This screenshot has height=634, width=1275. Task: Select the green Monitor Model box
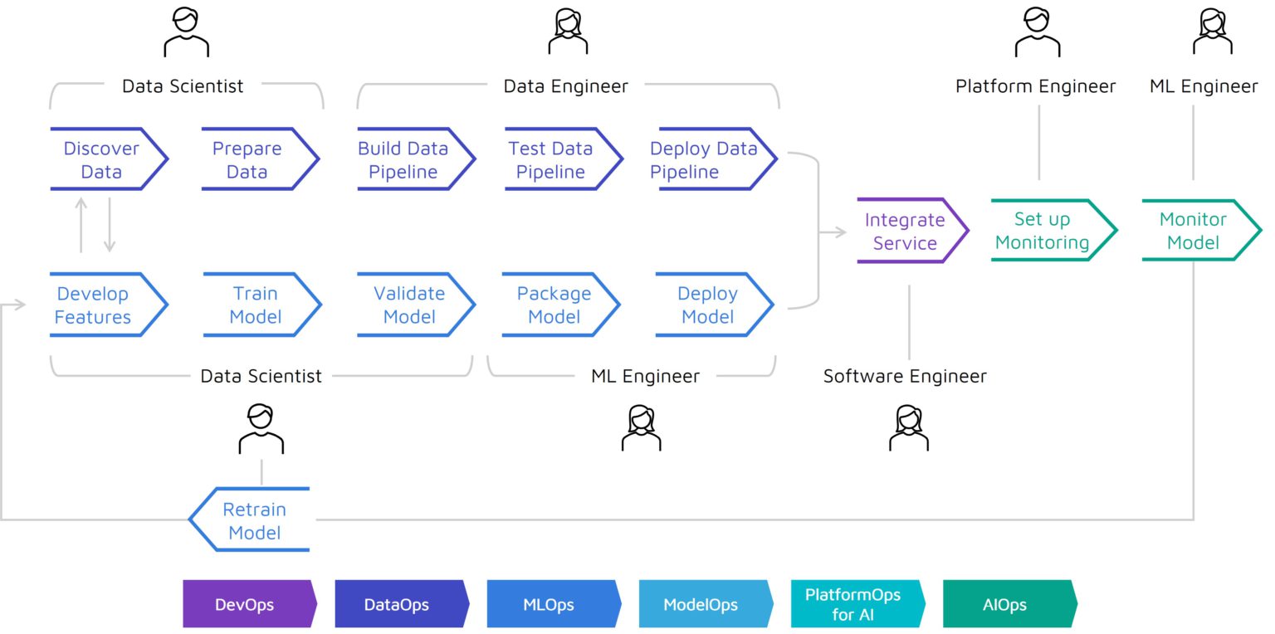(x=1198, y=231)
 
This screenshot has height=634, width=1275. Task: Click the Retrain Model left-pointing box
(x=252, y=520)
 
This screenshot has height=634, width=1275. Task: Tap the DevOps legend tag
(x=248, y=604)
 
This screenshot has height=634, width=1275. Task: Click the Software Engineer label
(x=905, y=376)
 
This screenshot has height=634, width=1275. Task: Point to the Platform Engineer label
(x=1035, y=86)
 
